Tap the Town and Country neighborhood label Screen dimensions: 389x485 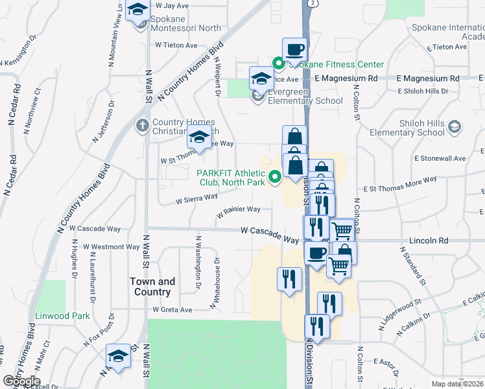coord(152,287)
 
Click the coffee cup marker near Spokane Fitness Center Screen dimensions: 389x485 coord(294,50)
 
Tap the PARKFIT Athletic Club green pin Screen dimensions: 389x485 coord(275,175)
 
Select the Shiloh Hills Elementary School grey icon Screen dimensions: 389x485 coord(454,126)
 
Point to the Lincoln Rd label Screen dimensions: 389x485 coord(429,241)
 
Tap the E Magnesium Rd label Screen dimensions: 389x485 coord(347,78)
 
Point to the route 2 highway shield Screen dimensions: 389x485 coord(313,4)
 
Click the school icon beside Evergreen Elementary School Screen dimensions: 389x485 coord(261,79)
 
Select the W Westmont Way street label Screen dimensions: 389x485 coord(112,247)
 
